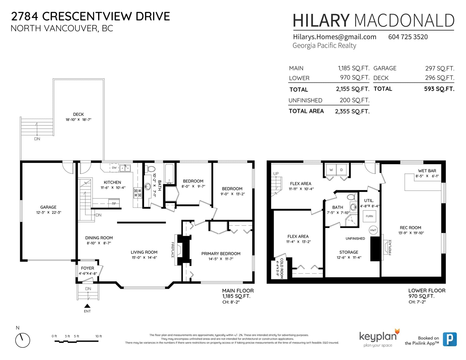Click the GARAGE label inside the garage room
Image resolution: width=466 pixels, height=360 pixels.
point(48,207)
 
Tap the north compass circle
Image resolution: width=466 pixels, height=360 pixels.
point(22,340)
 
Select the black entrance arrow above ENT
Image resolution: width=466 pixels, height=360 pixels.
point(87,306)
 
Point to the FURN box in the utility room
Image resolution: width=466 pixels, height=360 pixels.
point(369,216)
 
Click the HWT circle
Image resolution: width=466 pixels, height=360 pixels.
point(373,230)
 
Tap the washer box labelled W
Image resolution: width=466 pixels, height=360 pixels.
point(331,170)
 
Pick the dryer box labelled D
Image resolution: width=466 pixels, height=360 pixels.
point(342,170)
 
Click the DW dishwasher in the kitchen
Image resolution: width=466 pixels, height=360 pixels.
point(114,168)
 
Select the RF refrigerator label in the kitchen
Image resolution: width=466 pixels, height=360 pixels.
point(114,203)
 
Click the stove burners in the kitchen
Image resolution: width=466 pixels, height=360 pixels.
point(138,193)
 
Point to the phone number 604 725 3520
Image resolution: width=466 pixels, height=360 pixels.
point(408,37)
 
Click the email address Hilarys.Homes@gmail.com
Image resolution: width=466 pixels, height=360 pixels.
point(335,37)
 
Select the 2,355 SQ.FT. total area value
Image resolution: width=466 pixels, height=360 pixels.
point(352,111)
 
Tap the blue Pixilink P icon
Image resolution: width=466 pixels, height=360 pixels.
point(450,339)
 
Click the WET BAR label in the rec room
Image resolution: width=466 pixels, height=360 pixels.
point(427,171)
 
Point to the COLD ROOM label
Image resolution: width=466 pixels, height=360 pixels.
point(282,268)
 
